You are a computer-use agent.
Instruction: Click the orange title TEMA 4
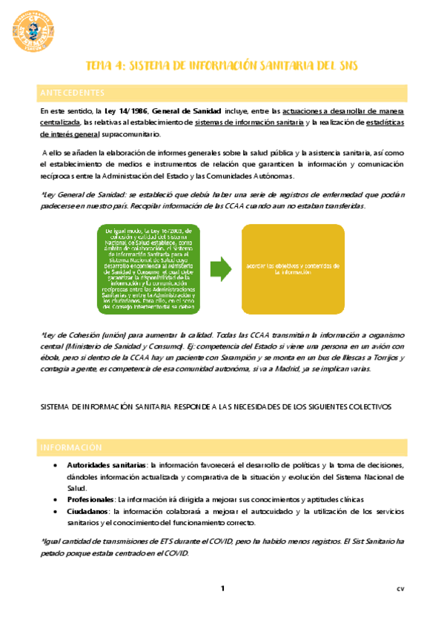(x=222, y=66)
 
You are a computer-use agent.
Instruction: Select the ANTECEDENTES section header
(x=73, y=93)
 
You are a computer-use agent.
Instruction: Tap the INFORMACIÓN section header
(x=70, y=447)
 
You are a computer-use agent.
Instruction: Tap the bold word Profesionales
(x=91, y=500)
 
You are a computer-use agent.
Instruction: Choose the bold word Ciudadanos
(x=87, y=512)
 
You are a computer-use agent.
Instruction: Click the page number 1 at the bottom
(x=222, y=588)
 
